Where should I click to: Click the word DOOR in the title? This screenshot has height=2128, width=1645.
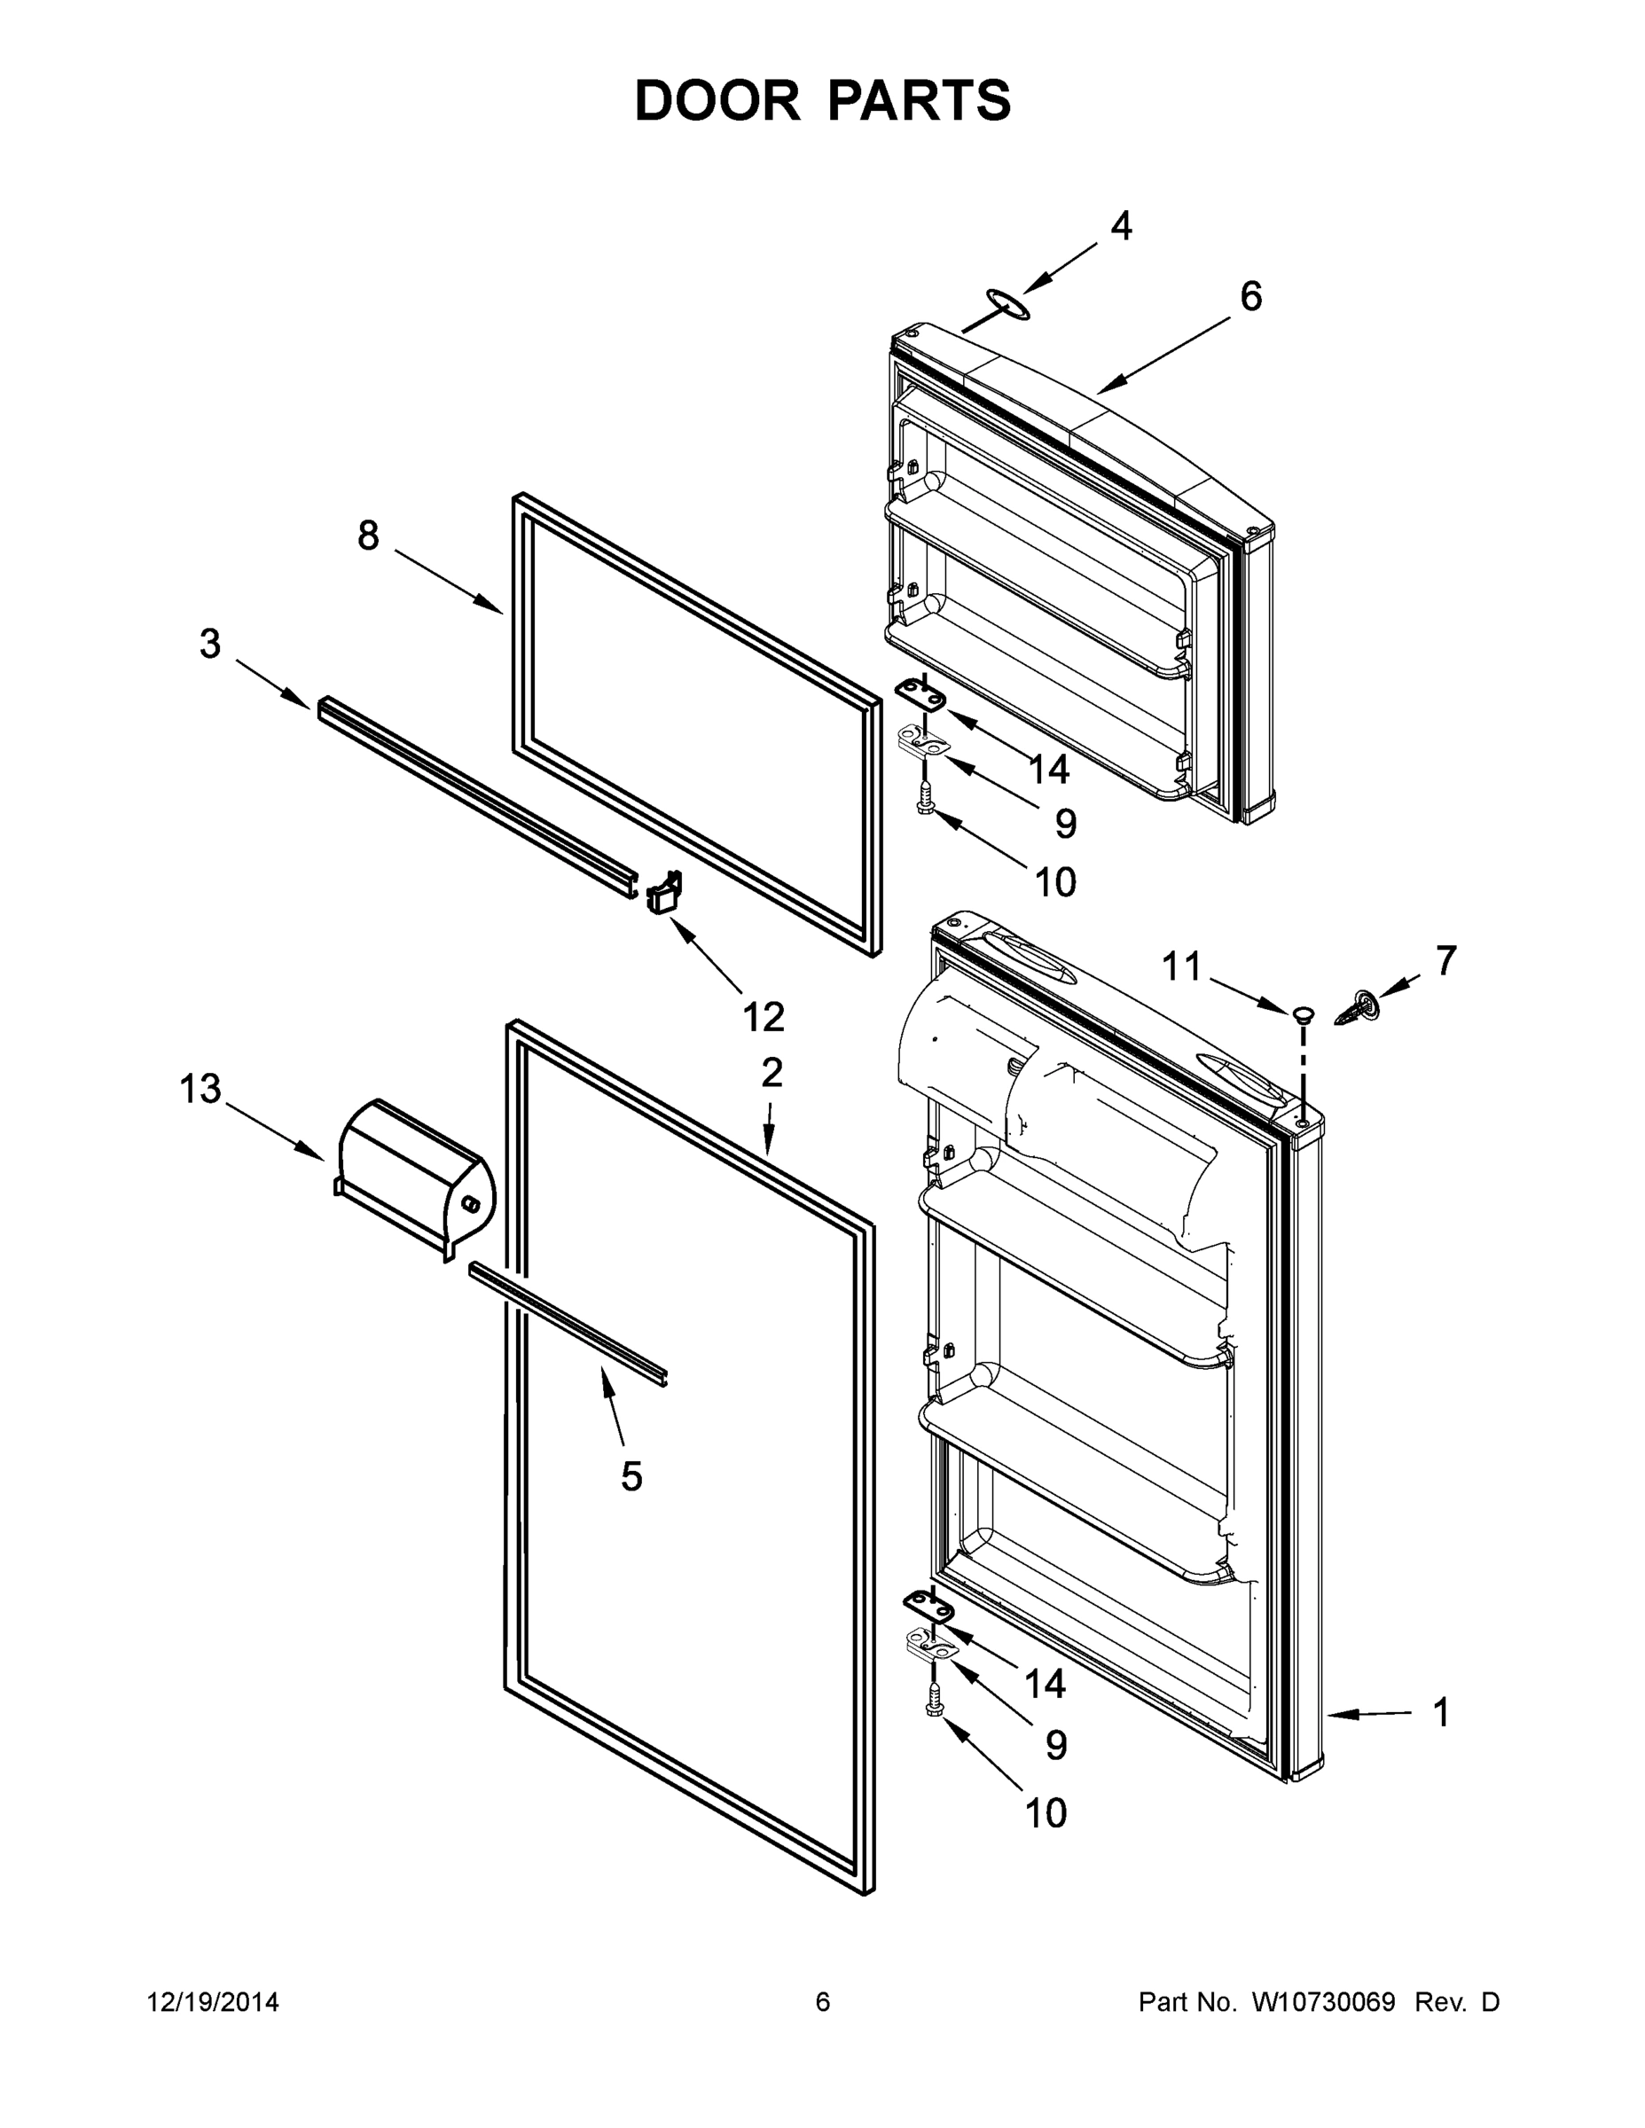[717, 100]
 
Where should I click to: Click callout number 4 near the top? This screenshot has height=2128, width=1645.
[1121, 226]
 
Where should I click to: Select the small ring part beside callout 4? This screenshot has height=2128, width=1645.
[1006, 303]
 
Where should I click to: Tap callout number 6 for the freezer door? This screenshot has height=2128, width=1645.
[1250, 296]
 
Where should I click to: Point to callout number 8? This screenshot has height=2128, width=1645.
[367, 536]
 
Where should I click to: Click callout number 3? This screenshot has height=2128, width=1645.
[210, 644]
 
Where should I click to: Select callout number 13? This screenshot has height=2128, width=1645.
[200, 1090]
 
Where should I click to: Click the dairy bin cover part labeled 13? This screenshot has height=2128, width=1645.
[414, 1175]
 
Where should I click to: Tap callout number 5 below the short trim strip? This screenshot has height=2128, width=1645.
[631, 1476]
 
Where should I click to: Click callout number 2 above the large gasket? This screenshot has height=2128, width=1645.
[771, 1073]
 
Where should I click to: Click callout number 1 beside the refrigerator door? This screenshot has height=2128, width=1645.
[1440, 1712]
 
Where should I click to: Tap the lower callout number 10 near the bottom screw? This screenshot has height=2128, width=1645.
[1046, 1812]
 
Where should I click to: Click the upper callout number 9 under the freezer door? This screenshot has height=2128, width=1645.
[1066, 825]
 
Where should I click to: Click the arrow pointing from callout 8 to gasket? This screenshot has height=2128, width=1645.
[449, 582]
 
